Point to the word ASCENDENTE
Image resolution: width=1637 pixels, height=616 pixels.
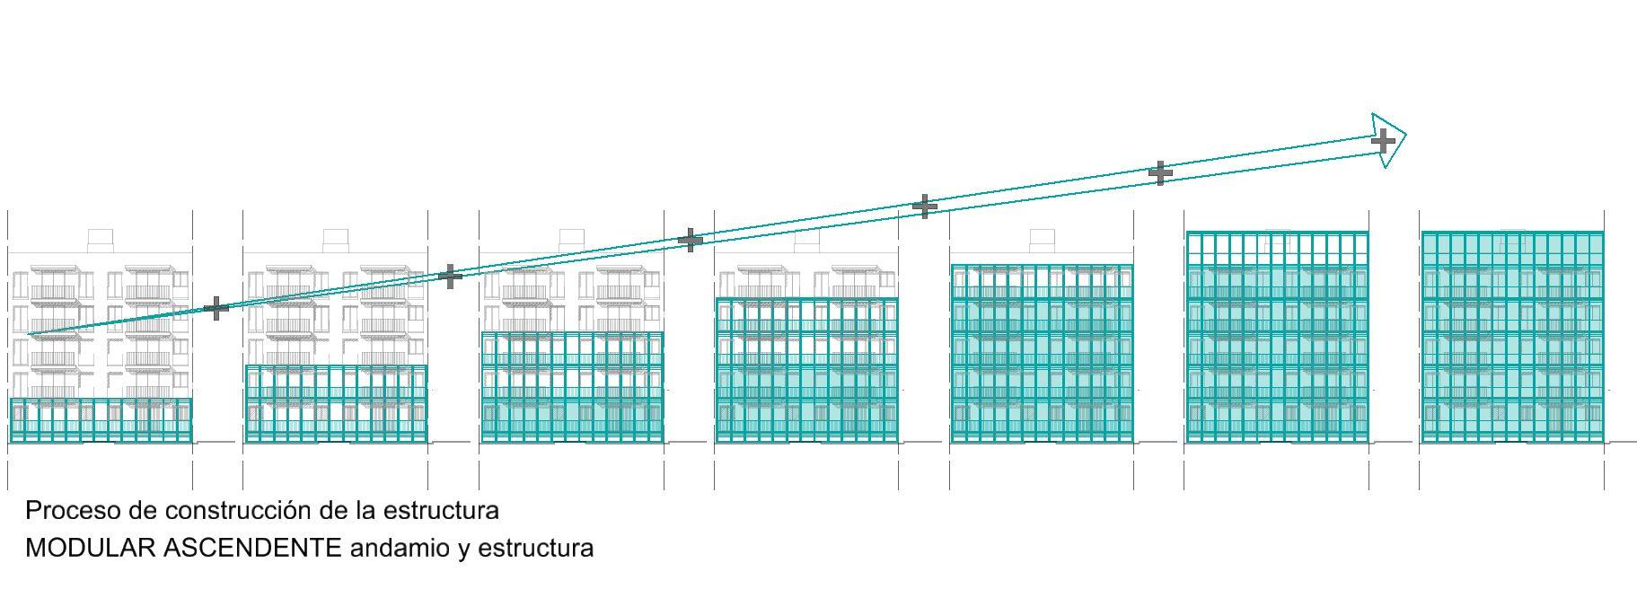point(252,548)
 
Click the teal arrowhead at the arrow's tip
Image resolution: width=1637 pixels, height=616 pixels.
point(1389,139)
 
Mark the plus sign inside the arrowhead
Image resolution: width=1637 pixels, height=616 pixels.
point(1384,140)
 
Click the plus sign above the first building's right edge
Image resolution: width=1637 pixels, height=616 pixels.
point(216,309)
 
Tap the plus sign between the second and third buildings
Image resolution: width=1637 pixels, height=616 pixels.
point(451,276)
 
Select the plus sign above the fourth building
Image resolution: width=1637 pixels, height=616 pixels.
point(690,240)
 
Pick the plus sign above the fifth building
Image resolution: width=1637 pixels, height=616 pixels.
point(924,207)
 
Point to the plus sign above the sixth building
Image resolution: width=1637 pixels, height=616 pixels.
point(1160,172)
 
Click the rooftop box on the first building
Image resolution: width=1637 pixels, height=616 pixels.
point(100,239)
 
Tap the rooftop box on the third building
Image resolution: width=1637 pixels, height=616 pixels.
point(571,239)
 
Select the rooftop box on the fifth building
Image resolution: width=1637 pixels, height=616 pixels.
point(1042,239)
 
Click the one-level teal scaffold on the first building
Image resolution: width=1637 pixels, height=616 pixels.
point(100,420)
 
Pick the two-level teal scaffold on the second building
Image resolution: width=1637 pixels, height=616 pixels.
point(336,404)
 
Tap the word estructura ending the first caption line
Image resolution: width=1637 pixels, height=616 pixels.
point(441,511)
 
